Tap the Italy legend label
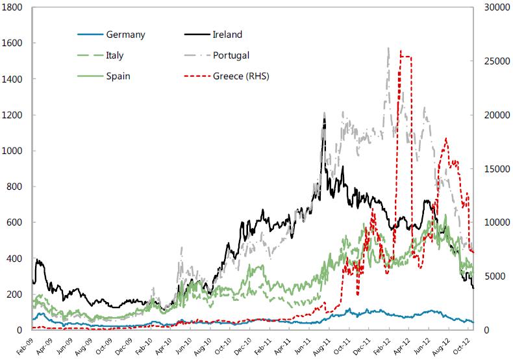(x=115, y=55)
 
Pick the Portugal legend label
(x=231, y=55)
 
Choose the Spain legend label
(x=118, y=76)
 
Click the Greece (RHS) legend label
(x=241, y=76)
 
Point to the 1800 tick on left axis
(x=14, y=7)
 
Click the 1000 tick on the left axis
(x=14, y=151)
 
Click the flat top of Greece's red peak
(x=406, y=57)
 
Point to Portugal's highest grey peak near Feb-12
(x=388, y=47)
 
